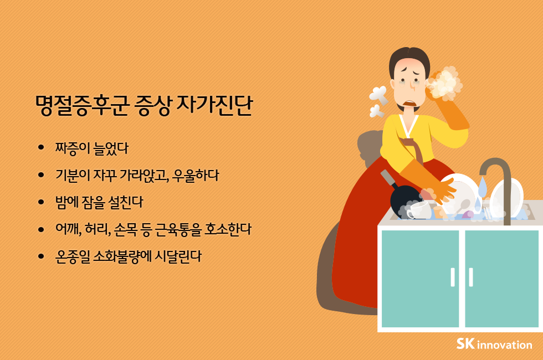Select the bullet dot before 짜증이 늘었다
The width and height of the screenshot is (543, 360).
point(41,148)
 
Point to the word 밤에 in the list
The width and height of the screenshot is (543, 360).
point(66,202)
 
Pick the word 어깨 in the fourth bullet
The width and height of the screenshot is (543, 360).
point(68,229)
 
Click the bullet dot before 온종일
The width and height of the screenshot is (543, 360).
point(41,256)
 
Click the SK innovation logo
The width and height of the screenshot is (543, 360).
point(494,344)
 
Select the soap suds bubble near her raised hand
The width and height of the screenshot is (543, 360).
point(446,81)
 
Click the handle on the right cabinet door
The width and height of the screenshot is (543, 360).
point(471,277)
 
